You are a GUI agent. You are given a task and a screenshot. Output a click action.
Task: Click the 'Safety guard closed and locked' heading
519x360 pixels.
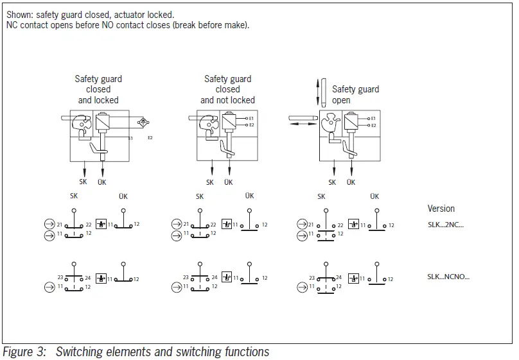click(98, 89)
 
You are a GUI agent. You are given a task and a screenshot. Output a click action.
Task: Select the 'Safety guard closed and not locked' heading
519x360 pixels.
click(227, 89)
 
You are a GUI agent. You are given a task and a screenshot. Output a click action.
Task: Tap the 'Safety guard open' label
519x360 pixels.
click(355, 94)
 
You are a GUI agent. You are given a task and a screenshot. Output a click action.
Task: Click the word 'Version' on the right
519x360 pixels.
click(441, 209)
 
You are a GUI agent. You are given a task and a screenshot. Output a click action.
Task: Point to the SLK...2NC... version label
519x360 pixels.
click(445, 224)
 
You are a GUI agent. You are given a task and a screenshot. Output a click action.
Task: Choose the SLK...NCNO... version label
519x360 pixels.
click(448, 277)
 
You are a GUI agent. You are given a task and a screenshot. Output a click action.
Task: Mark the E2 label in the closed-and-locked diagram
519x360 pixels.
click(150, 138)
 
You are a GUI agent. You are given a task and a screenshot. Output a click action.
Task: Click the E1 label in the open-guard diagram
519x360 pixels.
click(373, 119)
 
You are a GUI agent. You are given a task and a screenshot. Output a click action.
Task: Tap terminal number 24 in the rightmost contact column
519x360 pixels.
click(341, 278)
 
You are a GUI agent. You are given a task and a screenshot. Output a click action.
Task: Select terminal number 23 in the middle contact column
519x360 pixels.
click(186, 278)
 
